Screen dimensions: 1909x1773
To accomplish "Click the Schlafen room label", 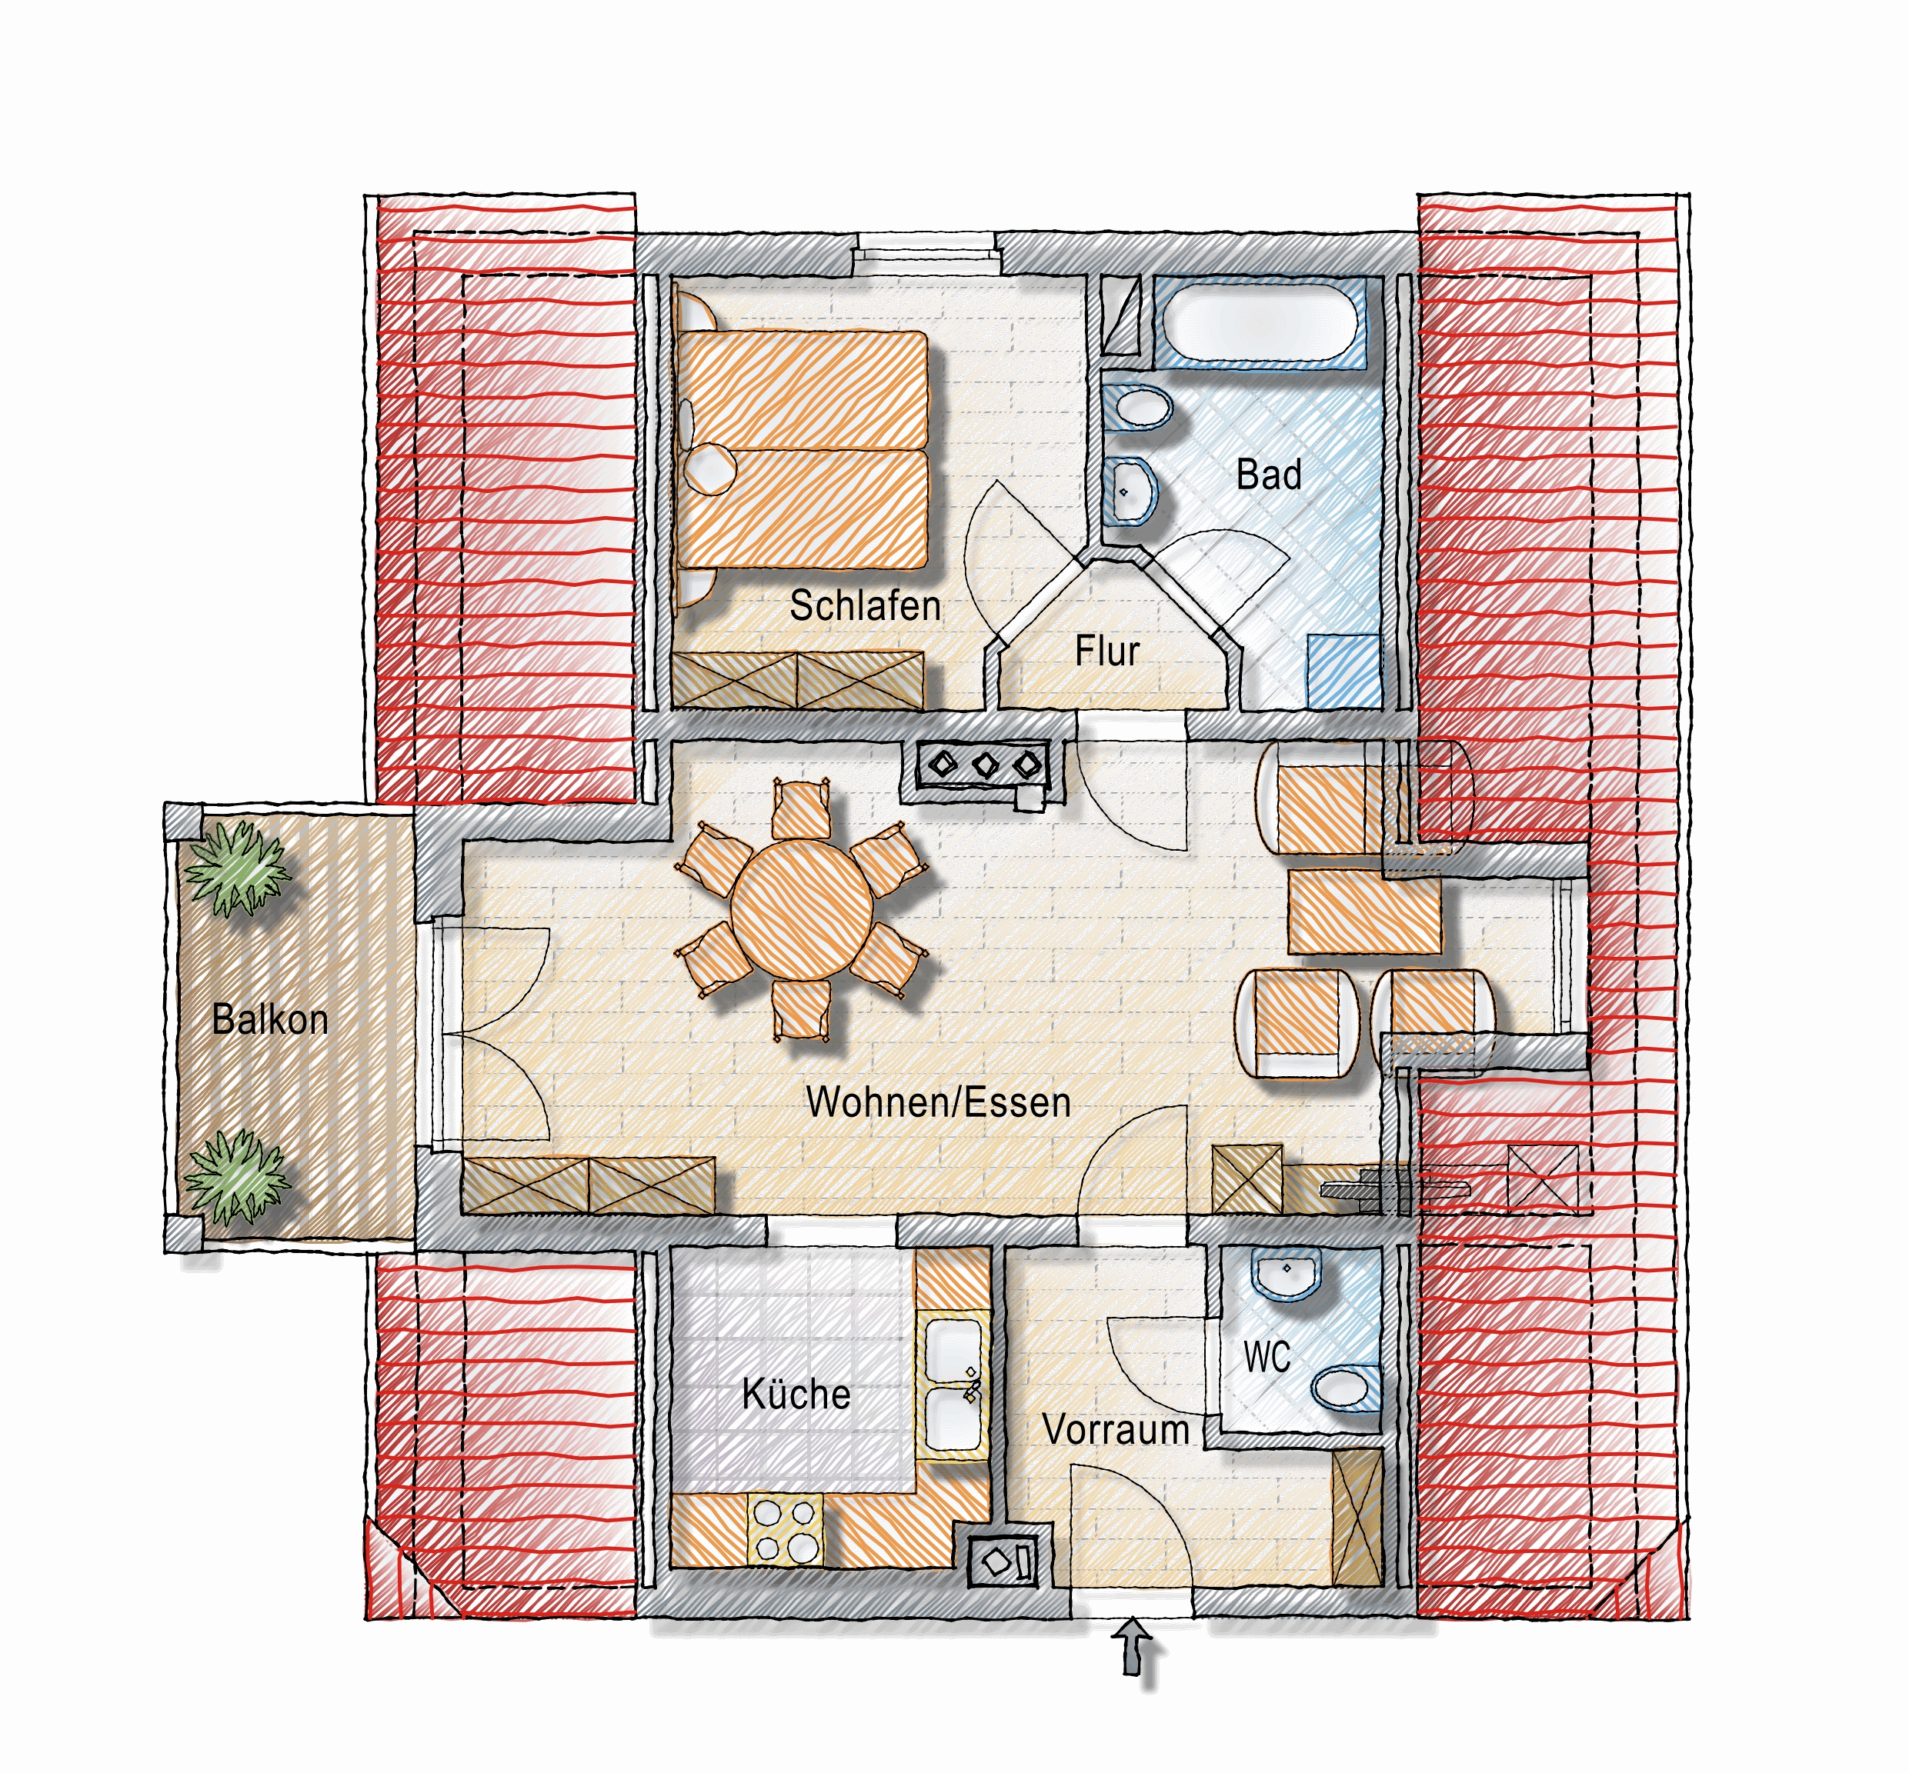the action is tap(865, 606).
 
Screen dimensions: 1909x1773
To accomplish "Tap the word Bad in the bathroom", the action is tap(1269, 475).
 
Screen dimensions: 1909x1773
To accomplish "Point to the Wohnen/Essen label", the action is tap(938, 1102).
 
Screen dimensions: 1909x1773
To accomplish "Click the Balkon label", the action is tap(270, 1019).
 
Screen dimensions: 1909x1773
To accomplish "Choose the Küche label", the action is tap(796, 1393).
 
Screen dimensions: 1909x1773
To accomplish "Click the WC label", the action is tap(1267, 1357).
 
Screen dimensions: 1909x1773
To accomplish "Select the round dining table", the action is tap(802, 908).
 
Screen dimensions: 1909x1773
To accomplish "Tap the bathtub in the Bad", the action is tap(1260, 322).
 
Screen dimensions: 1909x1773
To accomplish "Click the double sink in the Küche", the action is tap(953, 1382).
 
